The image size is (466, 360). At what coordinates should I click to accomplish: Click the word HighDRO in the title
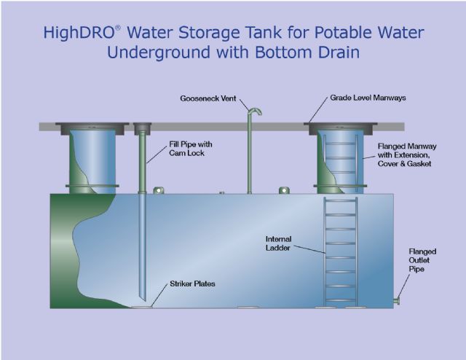pyautogui.click(x=79, y=33)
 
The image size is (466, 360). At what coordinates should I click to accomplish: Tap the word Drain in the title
pyautogui.click(x=337, y=52)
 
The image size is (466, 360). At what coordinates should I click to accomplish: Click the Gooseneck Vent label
pyautogui.click(x=208, y=98)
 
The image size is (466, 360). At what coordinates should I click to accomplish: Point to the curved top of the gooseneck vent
pyautogui.click(x=255, y=111)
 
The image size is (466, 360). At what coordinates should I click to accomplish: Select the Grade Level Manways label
pyautogui.click(x=368, y=98)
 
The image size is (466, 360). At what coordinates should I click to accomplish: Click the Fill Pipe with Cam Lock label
pyautogui.click(x=191, y=149)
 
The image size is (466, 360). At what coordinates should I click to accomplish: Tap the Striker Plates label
pyautogui.click(x=192, y=283)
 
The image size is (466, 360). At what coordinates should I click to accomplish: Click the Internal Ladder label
pyautogui.click(x=278, y=243)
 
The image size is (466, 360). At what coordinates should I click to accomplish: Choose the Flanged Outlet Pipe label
pyautogui.click(x=422, y=260)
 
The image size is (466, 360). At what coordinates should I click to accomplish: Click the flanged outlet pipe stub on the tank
pyautogui.click(x=396, y=301)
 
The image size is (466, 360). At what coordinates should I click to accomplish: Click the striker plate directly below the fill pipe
pyautogui.click(x=142, y=307)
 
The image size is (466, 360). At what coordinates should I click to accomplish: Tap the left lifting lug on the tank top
pyautogui.click(x=159, y=190)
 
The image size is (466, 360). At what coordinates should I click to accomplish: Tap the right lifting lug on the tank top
pyautogui.click(x=284, y=190)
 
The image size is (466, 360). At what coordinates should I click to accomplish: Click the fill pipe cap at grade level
pyautogui.click(x=143, y=128)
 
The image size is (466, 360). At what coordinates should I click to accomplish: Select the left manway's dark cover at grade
pyautogui.click(x=92, y=128)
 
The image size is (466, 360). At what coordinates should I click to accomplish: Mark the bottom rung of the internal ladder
pyautogui.click(x=341, y=300)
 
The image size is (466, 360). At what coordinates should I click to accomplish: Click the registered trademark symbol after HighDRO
pyautogui.click(x=118, y=28)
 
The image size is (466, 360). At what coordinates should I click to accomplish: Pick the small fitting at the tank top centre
pyautogui.click(x=221, y=193)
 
